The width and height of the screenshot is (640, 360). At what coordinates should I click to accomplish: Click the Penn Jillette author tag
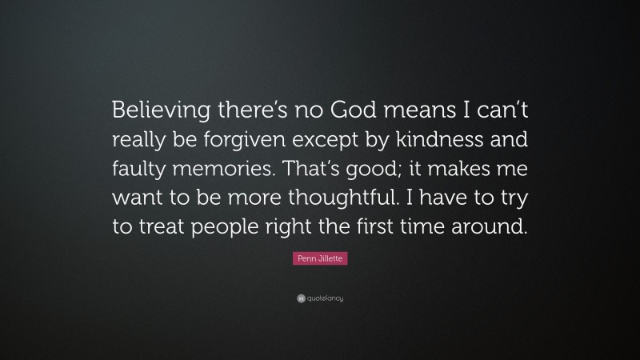coord(319,260)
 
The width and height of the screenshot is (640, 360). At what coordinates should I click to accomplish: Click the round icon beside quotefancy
coord(300,298)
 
